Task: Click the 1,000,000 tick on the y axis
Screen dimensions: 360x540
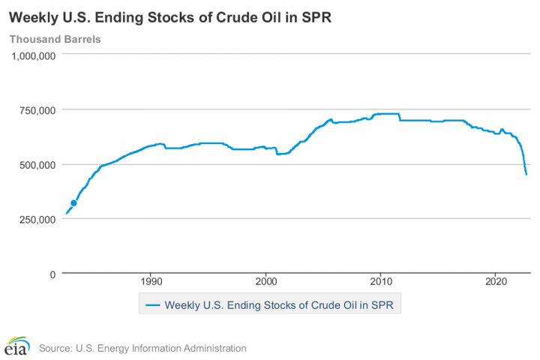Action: pos(34,55)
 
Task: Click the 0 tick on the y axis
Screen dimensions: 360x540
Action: pos(52,274)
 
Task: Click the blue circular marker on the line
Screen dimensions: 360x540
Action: pos(73,203)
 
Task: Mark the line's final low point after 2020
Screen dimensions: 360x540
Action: pos(526,175)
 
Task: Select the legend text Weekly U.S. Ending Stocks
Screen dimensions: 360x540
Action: pos(225,305)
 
